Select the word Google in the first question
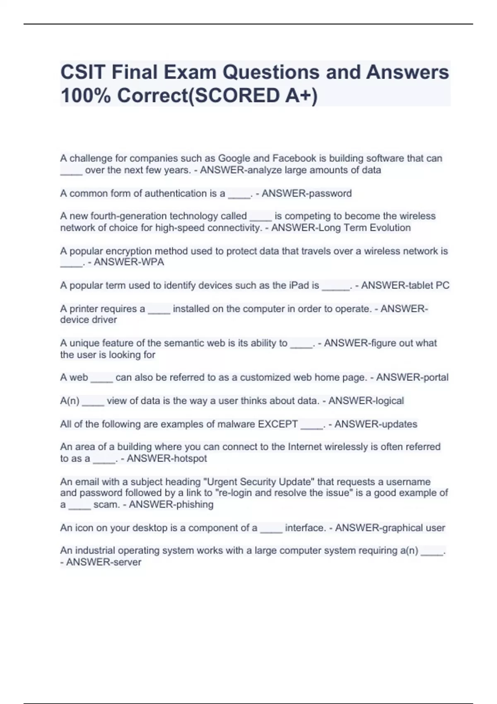click(234, 158)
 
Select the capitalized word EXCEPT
click(277, 424)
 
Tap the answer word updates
click(398, 424)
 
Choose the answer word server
click(128, 562)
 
